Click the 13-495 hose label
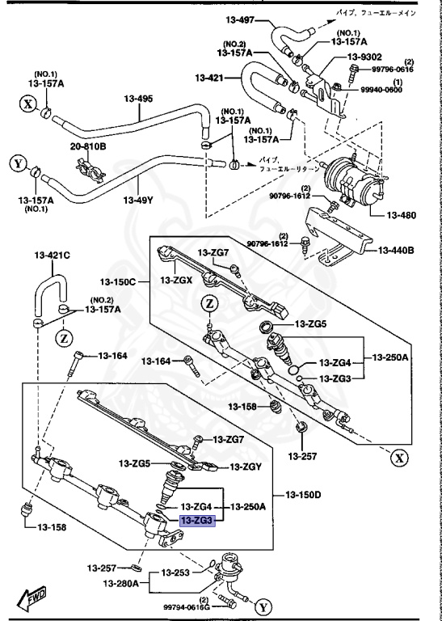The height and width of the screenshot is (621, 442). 138,100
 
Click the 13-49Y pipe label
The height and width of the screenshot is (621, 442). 138,201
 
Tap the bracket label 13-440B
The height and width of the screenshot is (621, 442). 396,251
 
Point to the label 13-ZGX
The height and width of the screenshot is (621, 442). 175,280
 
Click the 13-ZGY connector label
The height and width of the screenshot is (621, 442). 246,467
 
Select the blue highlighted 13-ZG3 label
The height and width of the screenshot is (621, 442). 196,522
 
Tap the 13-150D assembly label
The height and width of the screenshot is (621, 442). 305,495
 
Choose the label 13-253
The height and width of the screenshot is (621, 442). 174,573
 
